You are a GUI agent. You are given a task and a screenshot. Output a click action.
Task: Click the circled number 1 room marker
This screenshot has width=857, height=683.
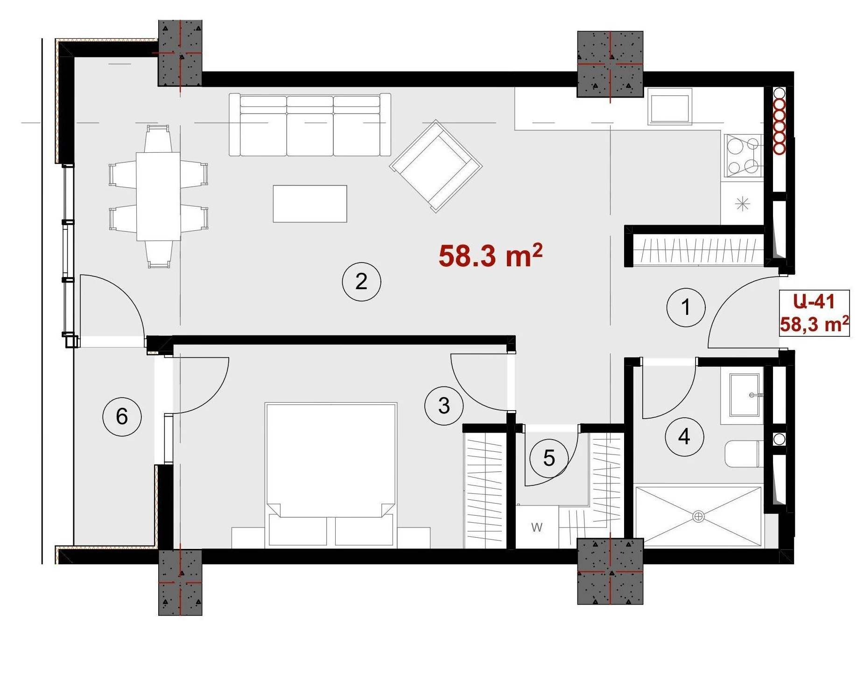click(685, 307)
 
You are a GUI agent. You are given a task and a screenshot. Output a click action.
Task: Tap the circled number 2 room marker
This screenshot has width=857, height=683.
click(361, 282)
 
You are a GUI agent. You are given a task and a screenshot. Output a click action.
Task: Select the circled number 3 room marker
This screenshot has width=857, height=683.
click(444, 406)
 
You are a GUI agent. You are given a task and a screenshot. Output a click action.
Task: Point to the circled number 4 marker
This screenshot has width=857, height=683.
click(684, 436)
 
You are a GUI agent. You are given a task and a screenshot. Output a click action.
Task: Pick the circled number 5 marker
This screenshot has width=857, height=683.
click(549, 458)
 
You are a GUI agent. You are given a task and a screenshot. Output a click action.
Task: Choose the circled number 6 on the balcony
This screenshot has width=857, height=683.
click(122, 416)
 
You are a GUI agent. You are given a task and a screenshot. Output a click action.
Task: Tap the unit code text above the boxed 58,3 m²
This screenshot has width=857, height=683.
click(814, 301)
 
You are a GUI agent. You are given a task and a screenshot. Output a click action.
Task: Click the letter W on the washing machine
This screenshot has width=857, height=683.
click(537, 527)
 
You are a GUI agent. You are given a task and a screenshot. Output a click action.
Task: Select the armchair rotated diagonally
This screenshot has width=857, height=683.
click(436, 166)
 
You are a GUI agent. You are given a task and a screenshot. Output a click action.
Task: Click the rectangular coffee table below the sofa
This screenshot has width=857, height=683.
click(310, 204)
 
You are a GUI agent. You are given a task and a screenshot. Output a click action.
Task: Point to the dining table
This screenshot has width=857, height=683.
click(158, 196)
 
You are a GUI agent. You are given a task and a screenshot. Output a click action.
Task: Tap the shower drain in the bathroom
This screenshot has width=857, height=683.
click(698, 516)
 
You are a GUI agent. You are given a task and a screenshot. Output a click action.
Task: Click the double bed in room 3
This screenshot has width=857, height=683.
click(330, 475)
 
